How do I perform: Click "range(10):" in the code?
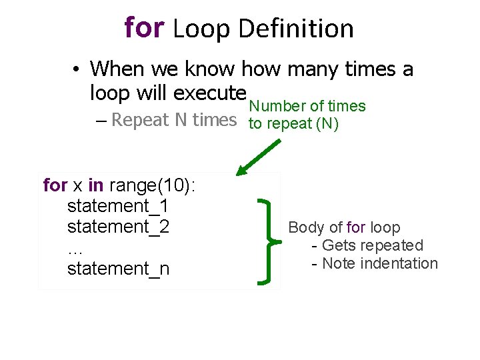pos(152,185)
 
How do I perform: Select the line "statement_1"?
pos(118,205)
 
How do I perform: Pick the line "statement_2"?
pos(118,227)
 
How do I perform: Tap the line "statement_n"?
pos(118,269)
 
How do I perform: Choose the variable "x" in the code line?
pos(77,185)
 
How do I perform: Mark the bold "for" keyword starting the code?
pos(55,185)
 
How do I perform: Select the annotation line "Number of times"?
pos(307,106)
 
